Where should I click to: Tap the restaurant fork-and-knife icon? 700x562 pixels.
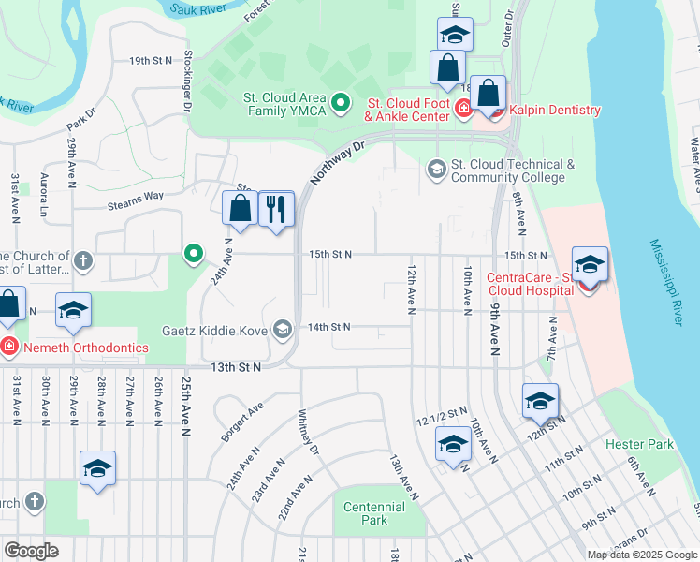(275, 209)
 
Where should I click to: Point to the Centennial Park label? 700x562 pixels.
(373, 513)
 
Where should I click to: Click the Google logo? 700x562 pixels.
(31, 551)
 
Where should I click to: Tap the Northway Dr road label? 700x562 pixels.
(336, 162)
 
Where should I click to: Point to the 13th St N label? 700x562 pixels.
(236, 367)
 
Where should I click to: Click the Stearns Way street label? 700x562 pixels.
(136, 196)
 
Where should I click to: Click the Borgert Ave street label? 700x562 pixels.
(242, 422)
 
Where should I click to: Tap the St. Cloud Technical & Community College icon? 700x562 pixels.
(435, 170)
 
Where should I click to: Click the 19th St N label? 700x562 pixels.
(152, 61)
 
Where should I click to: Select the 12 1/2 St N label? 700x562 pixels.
(444, 412)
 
